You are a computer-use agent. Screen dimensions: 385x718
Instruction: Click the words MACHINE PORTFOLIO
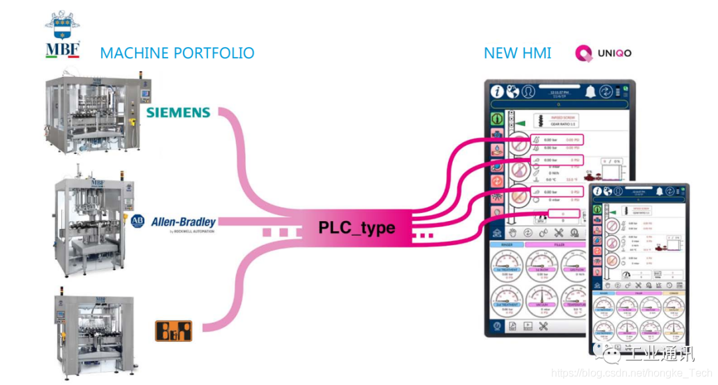click(177, 53)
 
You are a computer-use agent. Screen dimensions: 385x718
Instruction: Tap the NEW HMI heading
click(517, 53)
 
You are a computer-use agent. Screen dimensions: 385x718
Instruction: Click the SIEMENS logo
click(178, 113)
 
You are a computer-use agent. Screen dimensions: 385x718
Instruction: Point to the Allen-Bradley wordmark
click(183, 222)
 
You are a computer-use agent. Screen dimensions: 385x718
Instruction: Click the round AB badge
click(138, 222)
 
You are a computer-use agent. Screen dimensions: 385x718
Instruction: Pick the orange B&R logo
click(173, 330)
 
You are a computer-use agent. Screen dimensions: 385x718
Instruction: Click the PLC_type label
click(356, 228)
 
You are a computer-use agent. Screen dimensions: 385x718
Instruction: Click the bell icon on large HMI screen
click(590, 92)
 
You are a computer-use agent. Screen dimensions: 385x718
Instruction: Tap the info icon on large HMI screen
click(497, 92)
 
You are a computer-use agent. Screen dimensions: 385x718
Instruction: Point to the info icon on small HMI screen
click(598, 192)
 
